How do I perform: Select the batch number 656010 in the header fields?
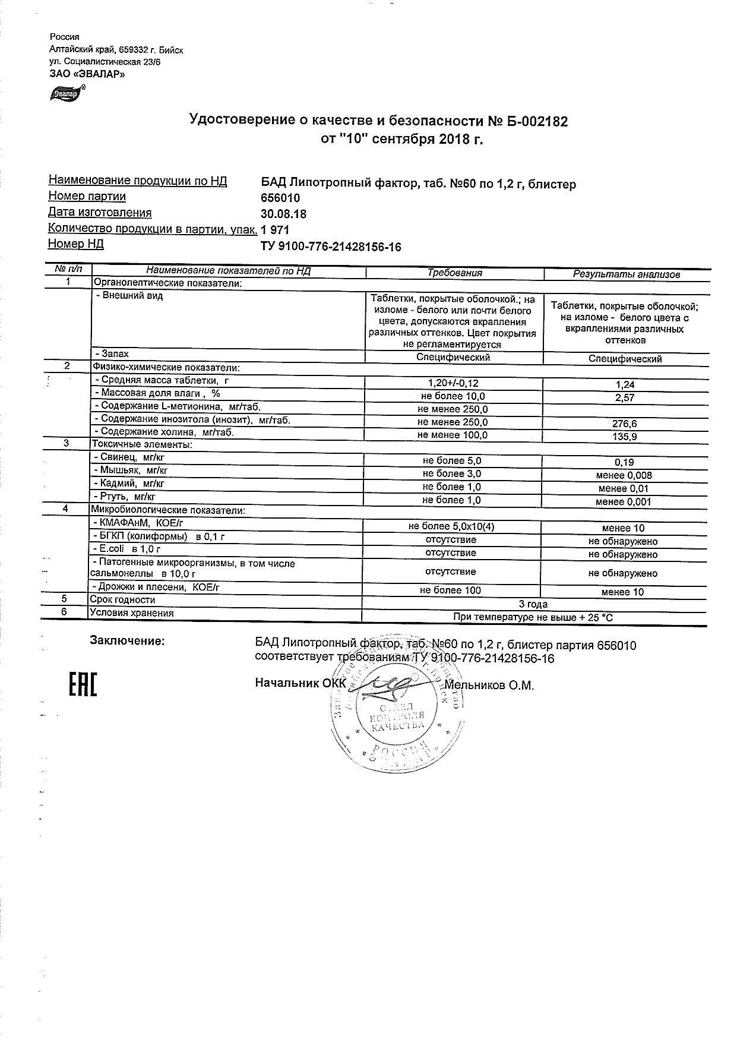tap(280, 198)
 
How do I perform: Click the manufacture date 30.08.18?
tap(284, 214)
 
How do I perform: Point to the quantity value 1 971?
tap(275, 230)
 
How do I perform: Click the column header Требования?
tap(454, 273)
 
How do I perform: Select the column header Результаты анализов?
tap(626, 274)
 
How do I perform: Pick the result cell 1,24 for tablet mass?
tap(625, 385)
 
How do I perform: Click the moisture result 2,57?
tap(625, 398)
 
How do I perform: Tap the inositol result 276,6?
tap(625, 424)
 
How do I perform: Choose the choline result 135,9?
tap(625, 437)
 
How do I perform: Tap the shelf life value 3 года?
tap(533, 604)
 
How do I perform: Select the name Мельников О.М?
tap(489, 686)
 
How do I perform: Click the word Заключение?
tap(126, 640)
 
